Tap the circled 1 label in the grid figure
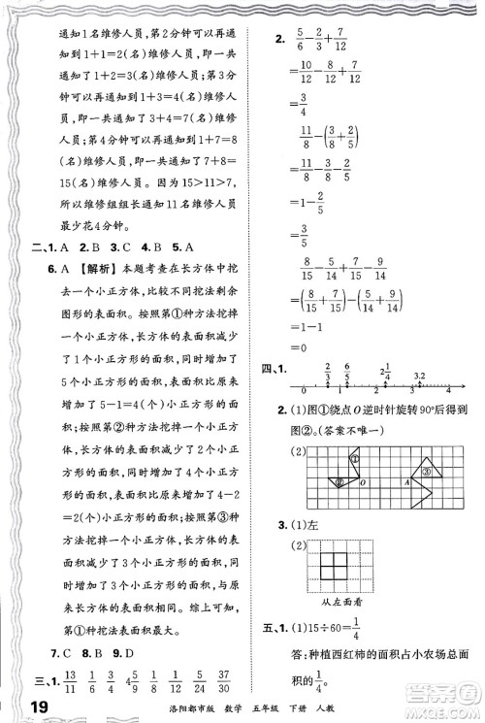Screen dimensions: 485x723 357,458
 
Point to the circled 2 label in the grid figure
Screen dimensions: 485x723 339,478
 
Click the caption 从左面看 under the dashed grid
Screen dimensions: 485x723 371,602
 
